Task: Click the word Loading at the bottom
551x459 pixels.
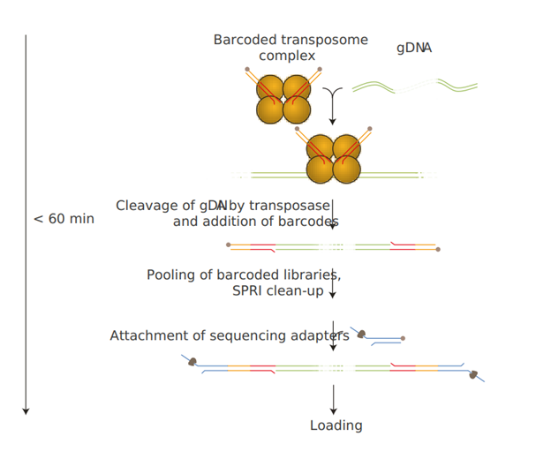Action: click(336, 425)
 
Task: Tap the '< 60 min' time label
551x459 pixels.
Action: click(64, 219)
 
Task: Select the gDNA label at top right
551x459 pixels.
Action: click(413, 49)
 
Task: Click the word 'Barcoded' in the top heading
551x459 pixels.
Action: click(245, 41)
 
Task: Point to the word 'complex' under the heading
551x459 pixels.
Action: click(286, 56)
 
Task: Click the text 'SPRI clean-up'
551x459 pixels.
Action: click(278, 290)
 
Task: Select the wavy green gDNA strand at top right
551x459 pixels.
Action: click(415, 87)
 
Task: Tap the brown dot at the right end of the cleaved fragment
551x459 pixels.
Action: click(438, 250)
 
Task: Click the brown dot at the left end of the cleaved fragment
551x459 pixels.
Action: click(228, 245)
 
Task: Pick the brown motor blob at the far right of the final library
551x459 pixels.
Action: click(473, 375)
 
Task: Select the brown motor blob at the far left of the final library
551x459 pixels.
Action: click(192, 362)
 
